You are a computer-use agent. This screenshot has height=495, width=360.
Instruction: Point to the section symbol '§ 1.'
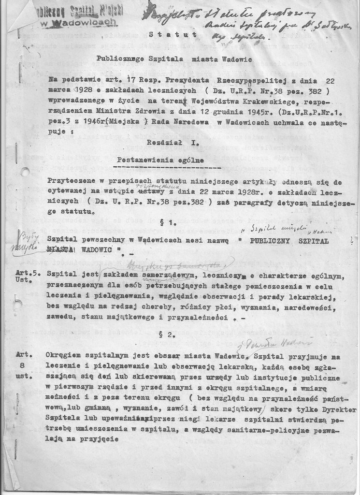click(167, 224)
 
